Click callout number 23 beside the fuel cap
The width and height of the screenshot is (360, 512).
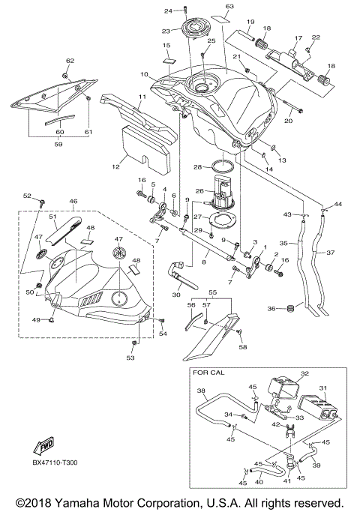coord(166,31)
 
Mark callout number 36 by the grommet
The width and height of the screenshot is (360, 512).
coord(274,308)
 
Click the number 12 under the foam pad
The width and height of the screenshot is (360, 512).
coord(115,166)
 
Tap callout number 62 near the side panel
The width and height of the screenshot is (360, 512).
coord(70,60)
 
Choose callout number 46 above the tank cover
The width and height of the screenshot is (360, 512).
coord(73,202)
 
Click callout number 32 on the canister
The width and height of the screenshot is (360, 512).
coord(304,373)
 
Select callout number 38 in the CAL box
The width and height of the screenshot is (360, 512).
coord(200,391)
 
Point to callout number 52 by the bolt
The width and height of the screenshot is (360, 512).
coord(27,196)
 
